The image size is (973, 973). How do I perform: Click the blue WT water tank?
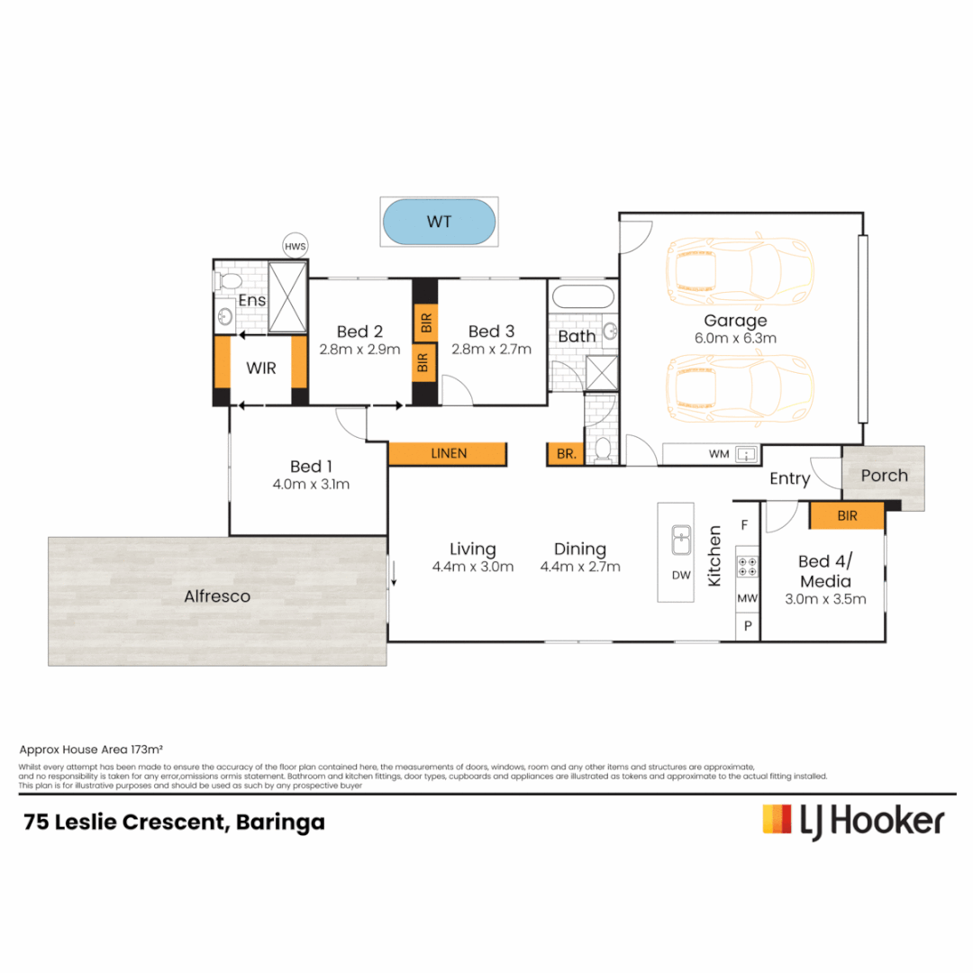click(439, 222)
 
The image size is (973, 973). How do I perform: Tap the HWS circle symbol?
click(295, 246)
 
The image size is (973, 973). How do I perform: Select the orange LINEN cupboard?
click(448, 453)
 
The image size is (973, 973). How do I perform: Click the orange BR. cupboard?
click(565, 454)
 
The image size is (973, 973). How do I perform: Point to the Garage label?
click(735, 320)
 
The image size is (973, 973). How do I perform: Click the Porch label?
click(884, 476)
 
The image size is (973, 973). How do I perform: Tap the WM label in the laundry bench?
click(718, 454)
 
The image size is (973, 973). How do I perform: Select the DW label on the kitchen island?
click(680, 574)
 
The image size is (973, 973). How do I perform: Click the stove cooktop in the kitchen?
click(748, 568)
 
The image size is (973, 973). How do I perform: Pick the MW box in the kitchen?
click(748, 598)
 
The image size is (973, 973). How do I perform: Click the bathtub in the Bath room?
click(582, 299)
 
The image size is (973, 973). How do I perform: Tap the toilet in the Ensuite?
click(227, 280)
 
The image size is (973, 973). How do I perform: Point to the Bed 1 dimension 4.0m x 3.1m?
click(311, 484)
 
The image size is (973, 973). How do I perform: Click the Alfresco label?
click(217, 596)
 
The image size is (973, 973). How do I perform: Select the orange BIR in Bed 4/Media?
click(847, 515)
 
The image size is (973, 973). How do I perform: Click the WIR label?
click(261, 368)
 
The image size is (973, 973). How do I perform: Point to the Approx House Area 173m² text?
click(90, 749)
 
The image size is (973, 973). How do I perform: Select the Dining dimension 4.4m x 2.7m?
click(580, 567)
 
